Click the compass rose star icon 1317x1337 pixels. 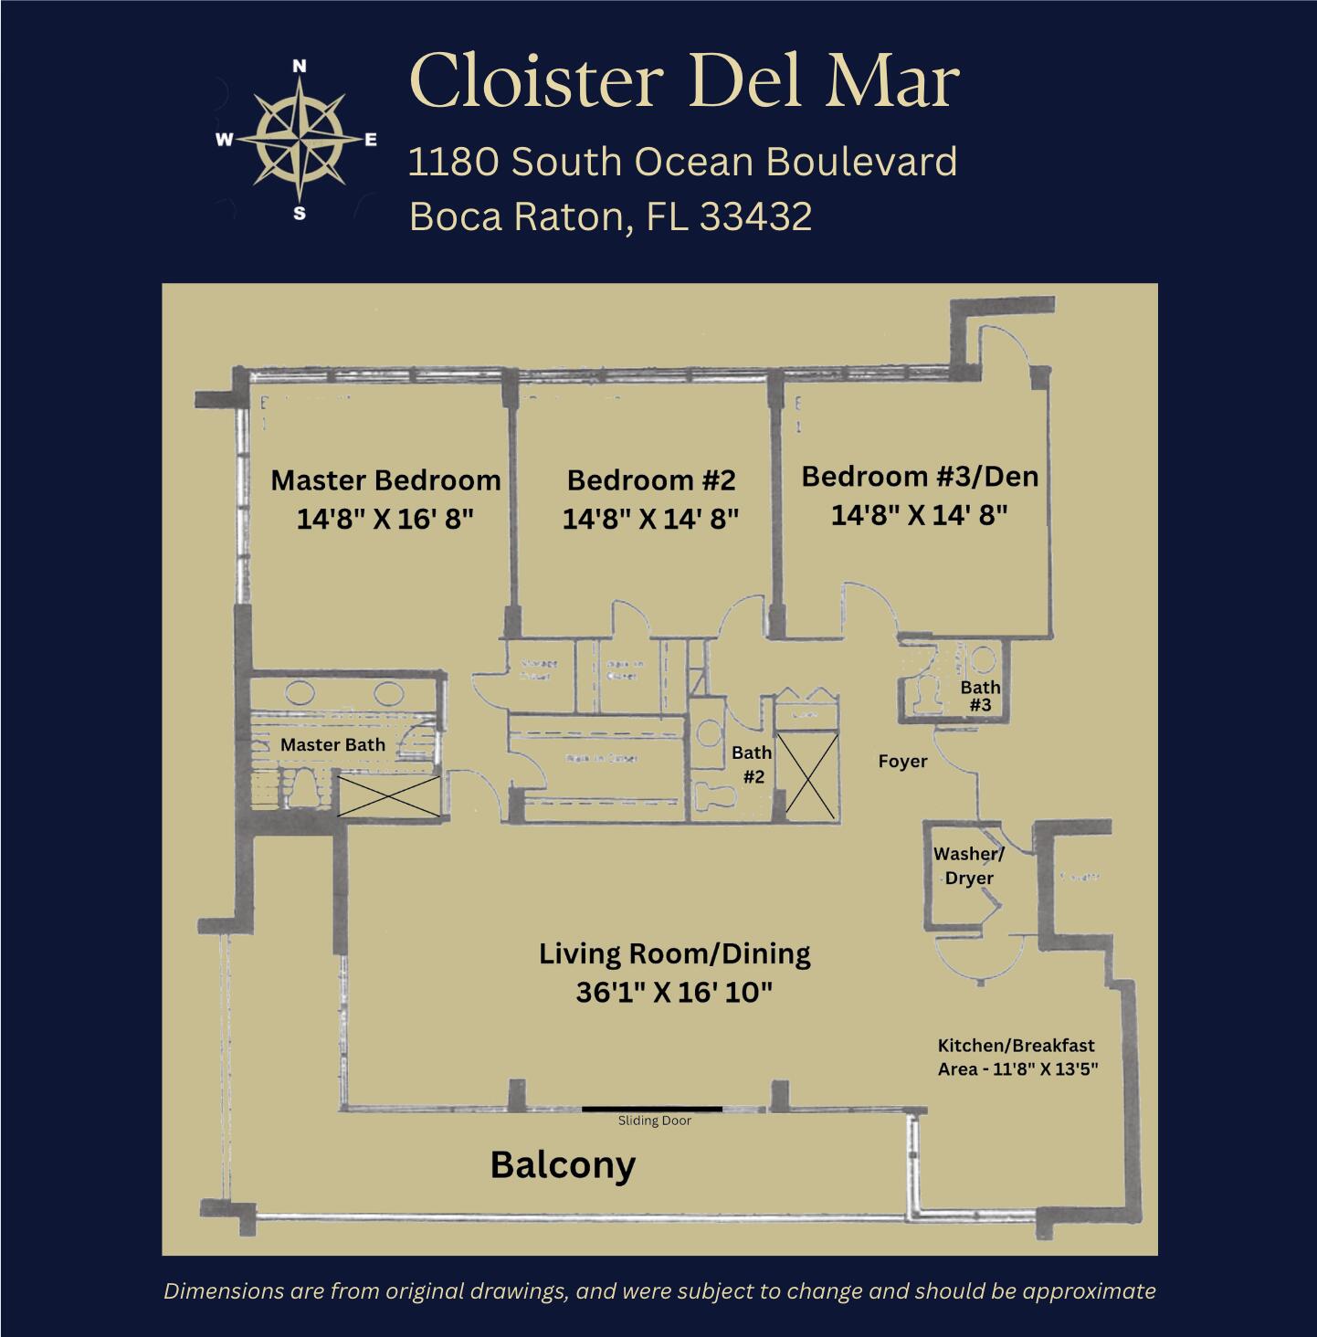[x=300, y=140]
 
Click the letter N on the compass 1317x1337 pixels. [x=300, y=66]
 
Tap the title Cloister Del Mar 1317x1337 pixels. [x=684, y=80]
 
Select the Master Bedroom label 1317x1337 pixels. [x=385, y=480]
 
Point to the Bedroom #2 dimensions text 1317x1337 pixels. [x=650, y=519]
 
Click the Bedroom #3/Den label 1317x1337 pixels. [x=920, y=476]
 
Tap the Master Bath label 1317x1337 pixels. [x=332, y=744]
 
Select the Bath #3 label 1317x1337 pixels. [x=980, y=696]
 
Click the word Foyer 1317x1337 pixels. [x=902, y=761]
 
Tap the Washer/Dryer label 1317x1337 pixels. [x=969, y=866]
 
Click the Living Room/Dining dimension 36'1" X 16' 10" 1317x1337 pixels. [x=674, y=992]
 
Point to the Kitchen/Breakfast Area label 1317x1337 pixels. [x=1017, y=1057]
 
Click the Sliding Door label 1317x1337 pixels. [x=654, y=1121]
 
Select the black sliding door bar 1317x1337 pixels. [x=652, y=1108]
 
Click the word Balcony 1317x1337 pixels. [x=563, y=1164]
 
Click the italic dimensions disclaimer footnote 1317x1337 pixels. [x=658, y=1290]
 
